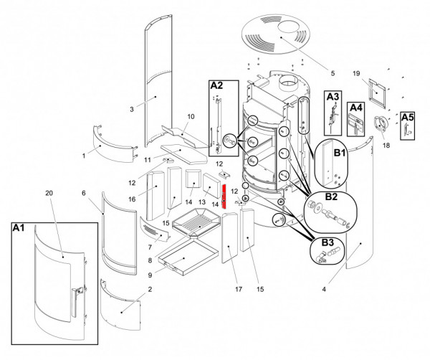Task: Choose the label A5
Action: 407,117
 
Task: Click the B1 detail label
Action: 339,153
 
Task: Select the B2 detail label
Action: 331,196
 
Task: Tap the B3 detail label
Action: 327,242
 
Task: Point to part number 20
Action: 49,194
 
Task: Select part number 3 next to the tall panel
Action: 132,110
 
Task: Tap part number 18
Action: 387,145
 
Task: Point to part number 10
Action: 191,116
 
